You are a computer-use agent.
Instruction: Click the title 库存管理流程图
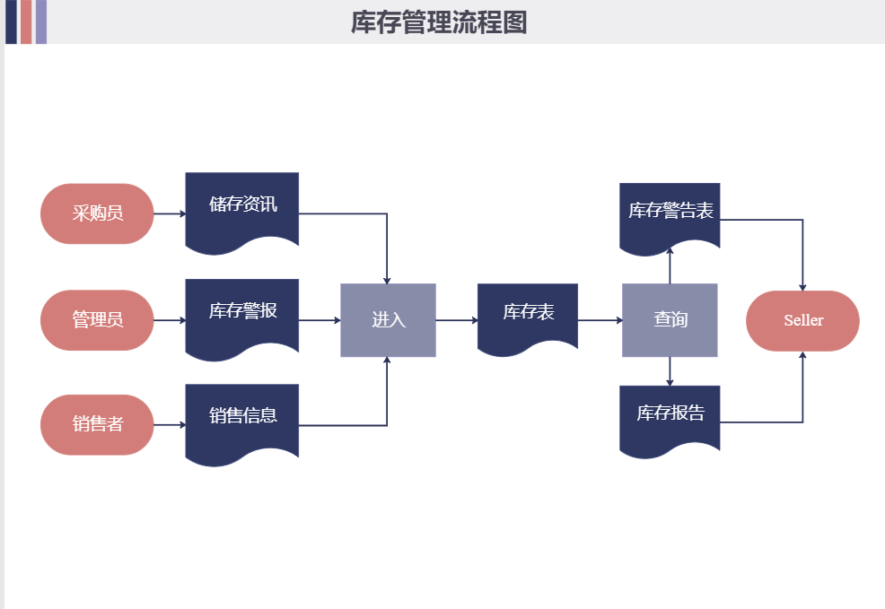[x=438, y=22]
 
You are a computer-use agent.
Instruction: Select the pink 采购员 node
[x=97, y=213]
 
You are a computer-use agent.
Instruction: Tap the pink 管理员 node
[x=97, y=320]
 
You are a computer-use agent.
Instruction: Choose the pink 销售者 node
[x=97, y=424]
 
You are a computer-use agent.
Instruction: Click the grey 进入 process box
[x=388, y=320]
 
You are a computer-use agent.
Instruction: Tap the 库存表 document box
[x=528, y=315]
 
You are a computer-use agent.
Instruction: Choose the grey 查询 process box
[x=670, y=320]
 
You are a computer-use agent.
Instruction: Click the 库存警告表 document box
[x=670, y=214]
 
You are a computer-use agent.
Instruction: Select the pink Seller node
[x=802, y=320]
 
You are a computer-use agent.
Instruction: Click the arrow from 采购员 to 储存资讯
[x=170, y=213]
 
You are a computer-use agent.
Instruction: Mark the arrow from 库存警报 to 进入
[x=320, y=320]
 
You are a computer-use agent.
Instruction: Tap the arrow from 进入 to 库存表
[x=457, y=320]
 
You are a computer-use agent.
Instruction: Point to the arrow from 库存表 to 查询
[x=600, y=320]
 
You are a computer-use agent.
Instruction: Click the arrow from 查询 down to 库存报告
[x=670, y=371]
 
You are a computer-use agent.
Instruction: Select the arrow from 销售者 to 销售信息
[x=170, y=424]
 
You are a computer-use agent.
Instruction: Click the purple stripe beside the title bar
[x=41, y=22]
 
